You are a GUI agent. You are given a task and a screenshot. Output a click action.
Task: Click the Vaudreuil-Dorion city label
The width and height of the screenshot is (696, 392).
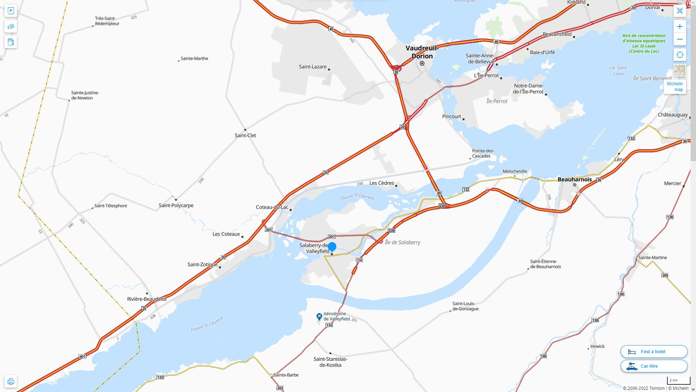click(422, 52)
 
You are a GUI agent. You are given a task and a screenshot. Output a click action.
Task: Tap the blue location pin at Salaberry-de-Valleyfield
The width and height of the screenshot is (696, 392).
click(332, 247)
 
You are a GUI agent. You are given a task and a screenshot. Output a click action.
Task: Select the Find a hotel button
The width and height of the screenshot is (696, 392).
click(654, 351)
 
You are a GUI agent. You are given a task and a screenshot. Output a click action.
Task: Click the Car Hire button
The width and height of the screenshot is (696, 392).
click(654, 366)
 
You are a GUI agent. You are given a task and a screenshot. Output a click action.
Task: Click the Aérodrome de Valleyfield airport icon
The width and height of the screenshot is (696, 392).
click(319, 317)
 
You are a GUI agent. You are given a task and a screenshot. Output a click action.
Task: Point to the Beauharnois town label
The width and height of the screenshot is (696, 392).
click(575, 179)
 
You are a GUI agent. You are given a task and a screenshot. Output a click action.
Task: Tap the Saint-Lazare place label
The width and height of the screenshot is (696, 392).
click(312, 67)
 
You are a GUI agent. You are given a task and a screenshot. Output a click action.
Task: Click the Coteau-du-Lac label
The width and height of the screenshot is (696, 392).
click(272, 207)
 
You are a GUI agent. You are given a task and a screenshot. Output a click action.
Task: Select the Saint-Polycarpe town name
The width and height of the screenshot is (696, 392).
click(176, 205)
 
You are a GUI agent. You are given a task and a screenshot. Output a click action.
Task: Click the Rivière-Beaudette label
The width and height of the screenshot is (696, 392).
click(147, 299)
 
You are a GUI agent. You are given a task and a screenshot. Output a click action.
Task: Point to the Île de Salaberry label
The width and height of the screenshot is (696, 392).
click(402, 242)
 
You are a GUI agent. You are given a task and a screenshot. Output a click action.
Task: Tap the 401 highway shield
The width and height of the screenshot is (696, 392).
click(82, 356)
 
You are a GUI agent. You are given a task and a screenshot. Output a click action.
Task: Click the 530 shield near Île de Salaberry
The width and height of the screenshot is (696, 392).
click(391, 230)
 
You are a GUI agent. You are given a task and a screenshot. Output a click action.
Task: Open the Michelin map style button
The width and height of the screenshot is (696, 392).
click(675, 86)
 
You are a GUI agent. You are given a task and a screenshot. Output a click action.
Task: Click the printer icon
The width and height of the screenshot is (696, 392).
click(11, 381)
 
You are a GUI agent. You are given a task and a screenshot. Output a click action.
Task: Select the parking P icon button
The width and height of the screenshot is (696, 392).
click(11, 11)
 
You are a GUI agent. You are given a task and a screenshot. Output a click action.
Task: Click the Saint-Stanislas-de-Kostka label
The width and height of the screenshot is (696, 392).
click(330, 362)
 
